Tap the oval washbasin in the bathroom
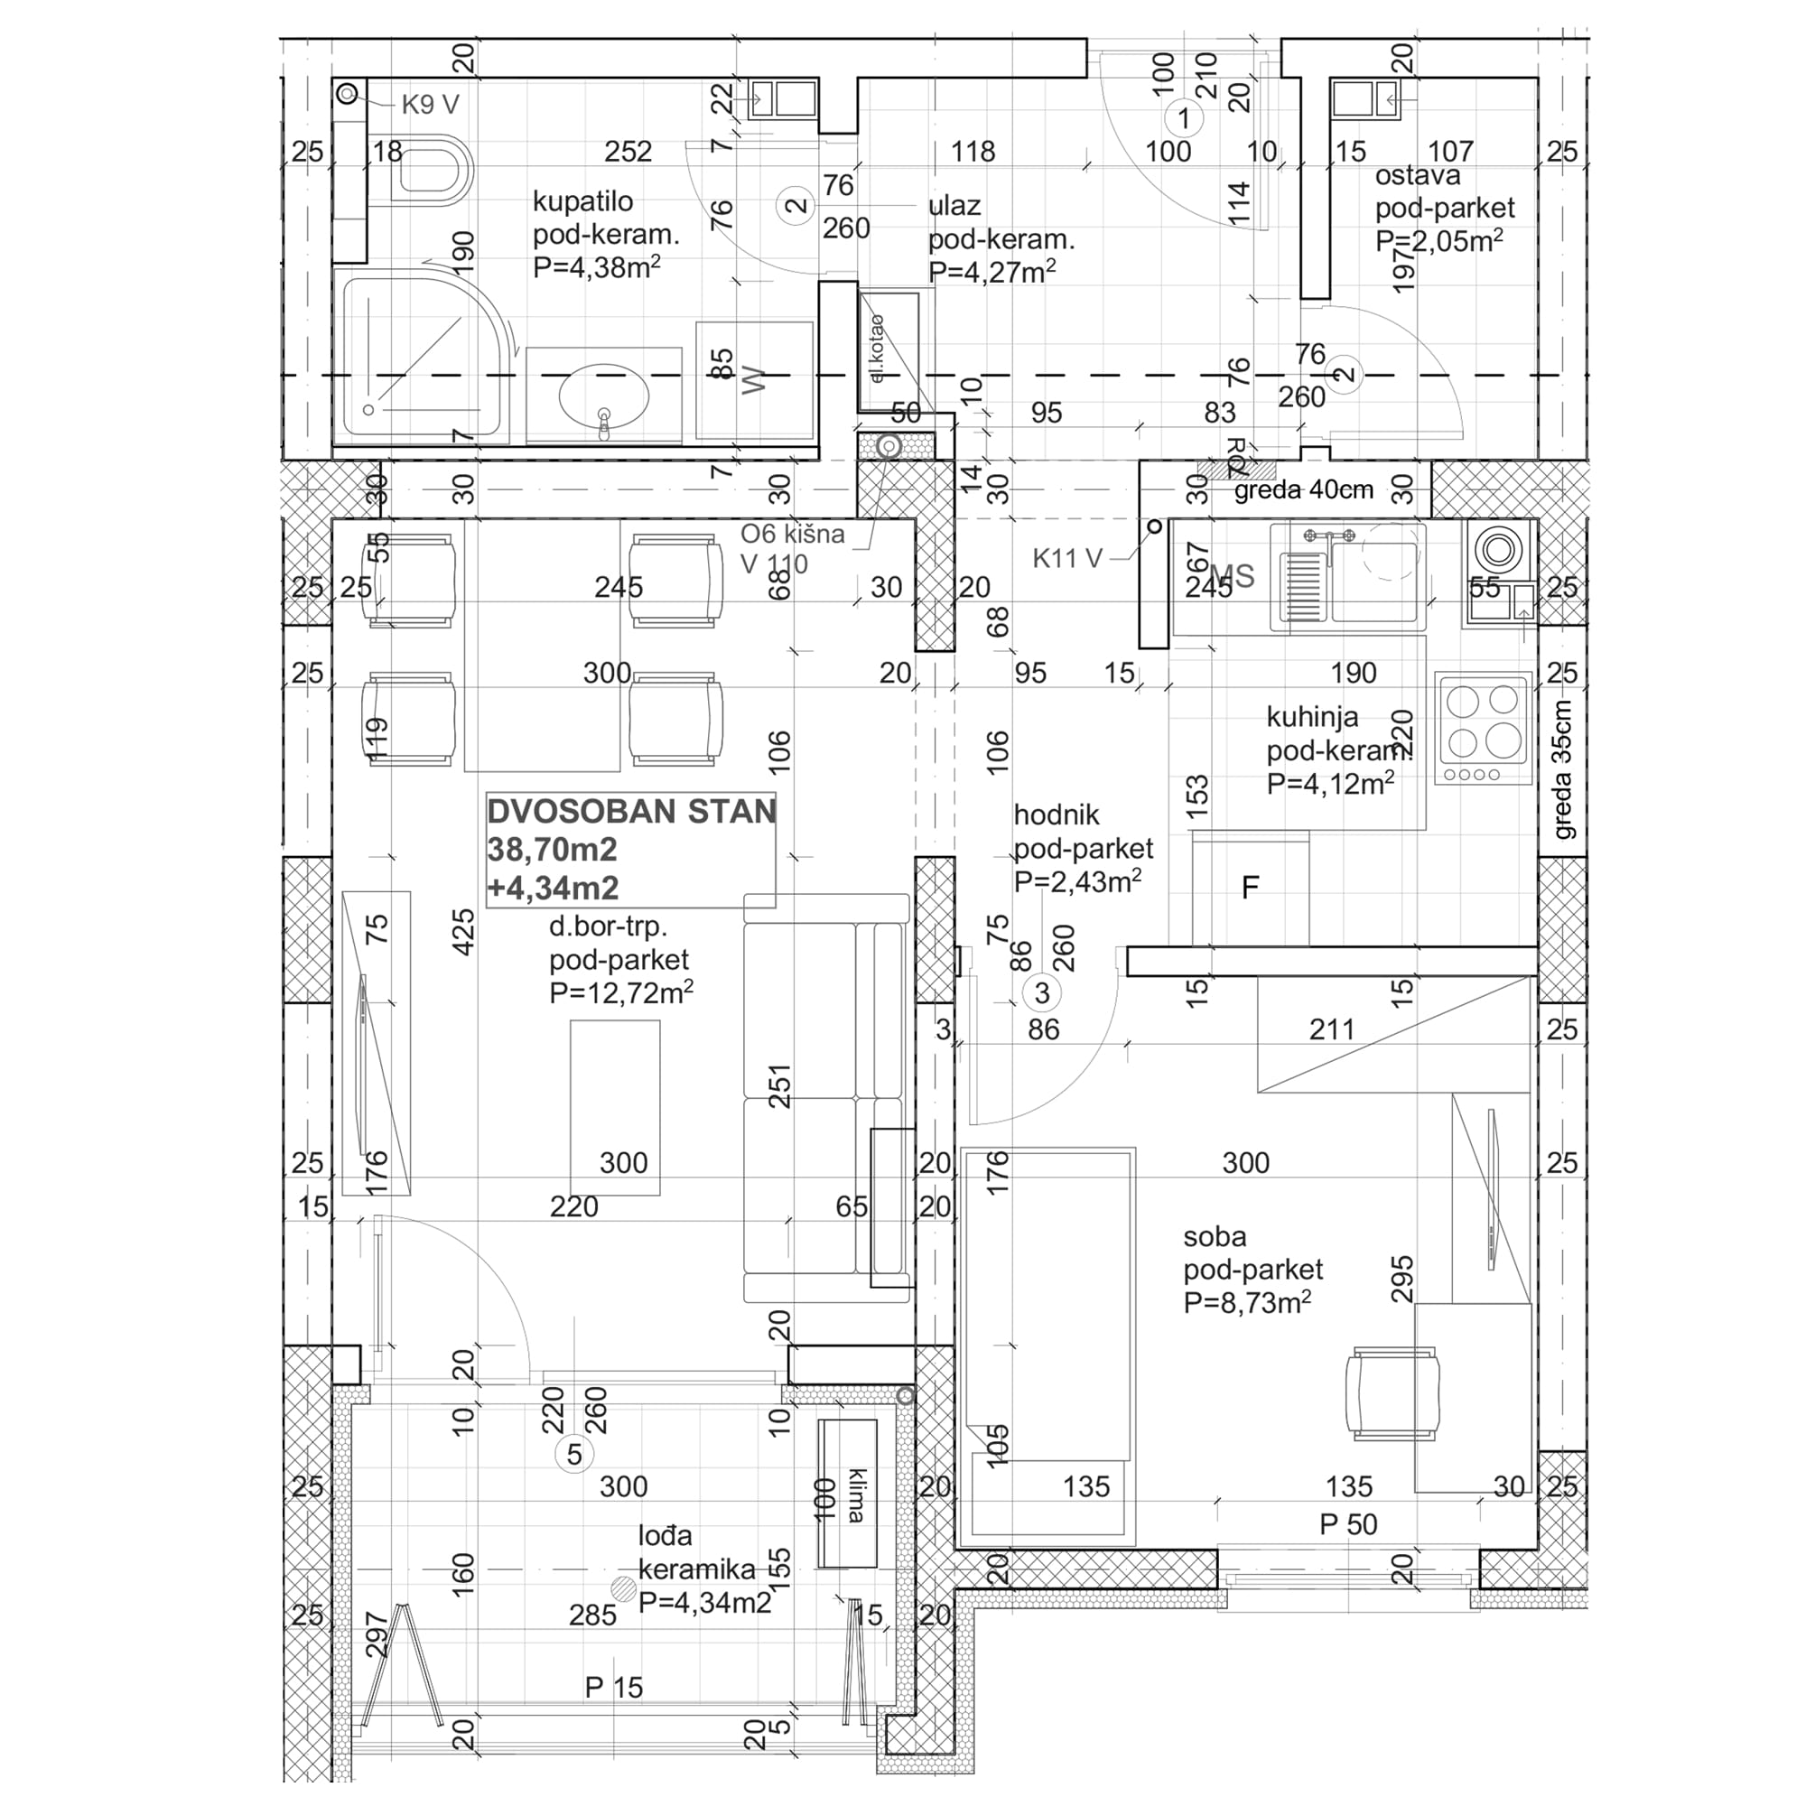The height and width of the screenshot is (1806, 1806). click(603, 395)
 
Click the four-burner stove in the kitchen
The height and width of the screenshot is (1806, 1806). click(1484, 729)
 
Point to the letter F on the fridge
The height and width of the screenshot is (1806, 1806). click(1250, 887)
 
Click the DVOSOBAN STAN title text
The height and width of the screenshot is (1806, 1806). click(631, 812)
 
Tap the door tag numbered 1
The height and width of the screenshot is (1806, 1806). click(1185, 118)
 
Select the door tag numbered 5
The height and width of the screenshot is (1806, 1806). click(574, 1455)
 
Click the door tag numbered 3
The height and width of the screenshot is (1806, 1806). click(1042, 992)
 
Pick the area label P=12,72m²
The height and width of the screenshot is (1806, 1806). click(620, 992)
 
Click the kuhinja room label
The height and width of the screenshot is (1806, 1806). click(1312, 718)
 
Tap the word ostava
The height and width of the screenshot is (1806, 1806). click(1417, 176)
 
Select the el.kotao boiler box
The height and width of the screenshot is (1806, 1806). click(889, 351)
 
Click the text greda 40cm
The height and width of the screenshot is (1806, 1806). click(1303, 489)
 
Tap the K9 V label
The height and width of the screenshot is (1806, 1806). click(430, 105)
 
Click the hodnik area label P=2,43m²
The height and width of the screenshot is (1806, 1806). click(1077, 881)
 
